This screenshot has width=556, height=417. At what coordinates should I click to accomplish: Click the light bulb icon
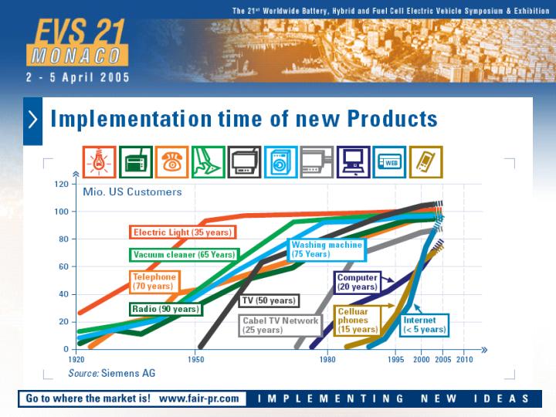click(x=100, y=162)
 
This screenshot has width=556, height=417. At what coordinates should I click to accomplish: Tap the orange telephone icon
click(x=172, y=162)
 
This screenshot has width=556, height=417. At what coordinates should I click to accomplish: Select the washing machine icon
click(x=281, y=162)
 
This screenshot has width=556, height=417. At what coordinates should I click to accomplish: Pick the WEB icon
click(x=389, y=162)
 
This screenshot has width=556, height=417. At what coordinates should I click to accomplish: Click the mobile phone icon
click(x=425, y=162)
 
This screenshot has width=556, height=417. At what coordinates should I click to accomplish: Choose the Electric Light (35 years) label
click(x=182, y=232)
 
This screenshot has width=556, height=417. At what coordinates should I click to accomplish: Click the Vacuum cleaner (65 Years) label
click(x=184, y=255)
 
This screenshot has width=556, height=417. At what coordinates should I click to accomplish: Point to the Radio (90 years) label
click(x=165, y=309)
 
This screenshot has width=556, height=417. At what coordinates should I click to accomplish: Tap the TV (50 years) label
click(x=269, y=300)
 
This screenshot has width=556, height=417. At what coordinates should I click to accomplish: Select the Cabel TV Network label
click(x=280, y=325)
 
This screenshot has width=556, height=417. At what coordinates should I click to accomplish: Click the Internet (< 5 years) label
click(x=425, y=325)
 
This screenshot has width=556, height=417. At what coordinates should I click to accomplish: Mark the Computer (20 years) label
click(x=357, y=283)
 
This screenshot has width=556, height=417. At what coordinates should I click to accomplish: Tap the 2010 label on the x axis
click(x=465, y=360)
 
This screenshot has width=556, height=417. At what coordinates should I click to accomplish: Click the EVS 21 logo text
click(x=80, y=31)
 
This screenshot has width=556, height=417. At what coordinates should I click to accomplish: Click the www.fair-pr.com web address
click(x=199, y=398)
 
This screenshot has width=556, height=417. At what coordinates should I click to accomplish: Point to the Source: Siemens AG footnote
click(x=112, y=373)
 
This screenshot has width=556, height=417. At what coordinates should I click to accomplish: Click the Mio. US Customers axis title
click(x=132, y=192)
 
